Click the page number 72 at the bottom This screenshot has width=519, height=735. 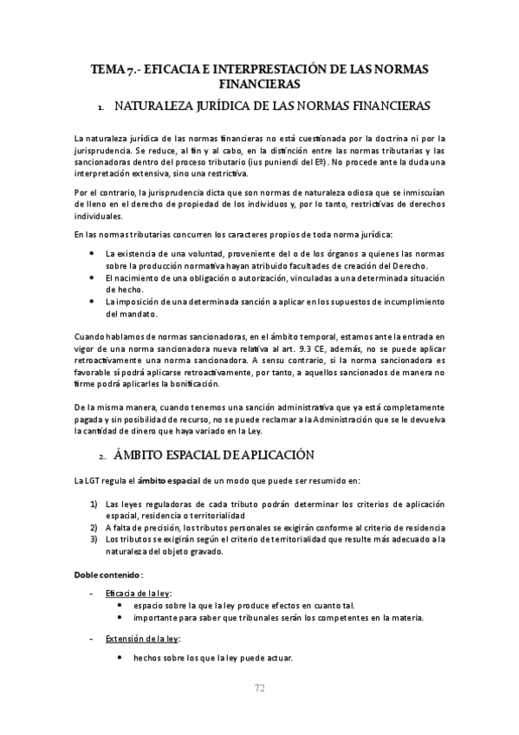point(259,688)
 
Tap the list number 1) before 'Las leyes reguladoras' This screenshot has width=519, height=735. point(94,504)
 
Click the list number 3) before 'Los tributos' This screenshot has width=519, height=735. point(94,539)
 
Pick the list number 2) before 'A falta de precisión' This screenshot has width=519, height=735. point(94,527)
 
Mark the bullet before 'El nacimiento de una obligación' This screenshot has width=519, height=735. point(94,276)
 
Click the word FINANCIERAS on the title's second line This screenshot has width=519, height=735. point(259,85)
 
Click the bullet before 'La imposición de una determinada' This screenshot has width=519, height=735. point(94,301)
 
